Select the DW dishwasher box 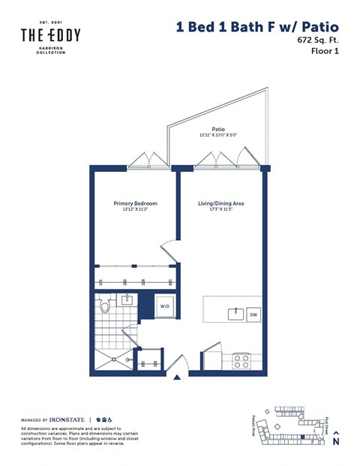point(253,314)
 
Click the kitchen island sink point(235,313)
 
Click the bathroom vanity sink point(127,301)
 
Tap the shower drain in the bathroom point(113,358)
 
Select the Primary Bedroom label point(135,203)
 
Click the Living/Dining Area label point(220,203)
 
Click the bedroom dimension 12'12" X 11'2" point(135,211)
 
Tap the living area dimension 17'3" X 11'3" point(220,211)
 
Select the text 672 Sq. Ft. point(319,44)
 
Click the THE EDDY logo point(50,35)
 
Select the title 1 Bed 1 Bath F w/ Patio point(257,27)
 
